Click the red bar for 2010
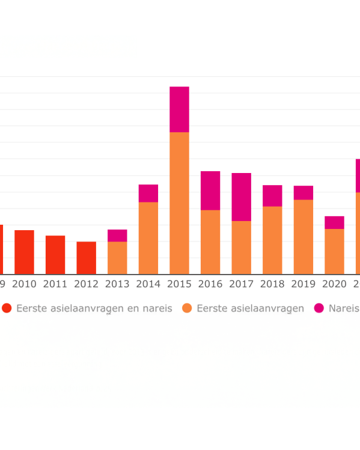coord(24,252)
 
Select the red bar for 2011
coord(55,255)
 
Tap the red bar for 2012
coord(86,258)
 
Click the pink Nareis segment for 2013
coord(117,236)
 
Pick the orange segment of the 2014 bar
coord(148,238)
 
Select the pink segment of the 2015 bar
coord(179,109)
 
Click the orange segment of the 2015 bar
coord(179,203)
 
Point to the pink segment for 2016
coord(210,190)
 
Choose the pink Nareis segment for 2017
coord(242,197)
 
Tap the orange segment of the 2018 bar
coord(272,240)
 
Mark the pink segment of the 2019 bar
coord(304,193)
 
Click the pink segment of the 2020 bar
coord(334,222)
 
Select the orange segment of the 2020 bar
coord(334,251)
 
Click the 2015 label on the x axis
coord(179,284)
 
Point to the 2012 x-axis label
coord(86,284)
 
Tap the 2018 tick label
coord(272,284)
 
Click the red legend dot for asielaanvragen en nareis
coord(7,308)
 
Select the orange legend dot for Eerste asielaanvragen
coord(188,308)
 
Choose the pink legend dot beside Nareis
coord(319,308)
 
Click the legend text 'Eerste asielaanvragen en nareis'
coord(94,308)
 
